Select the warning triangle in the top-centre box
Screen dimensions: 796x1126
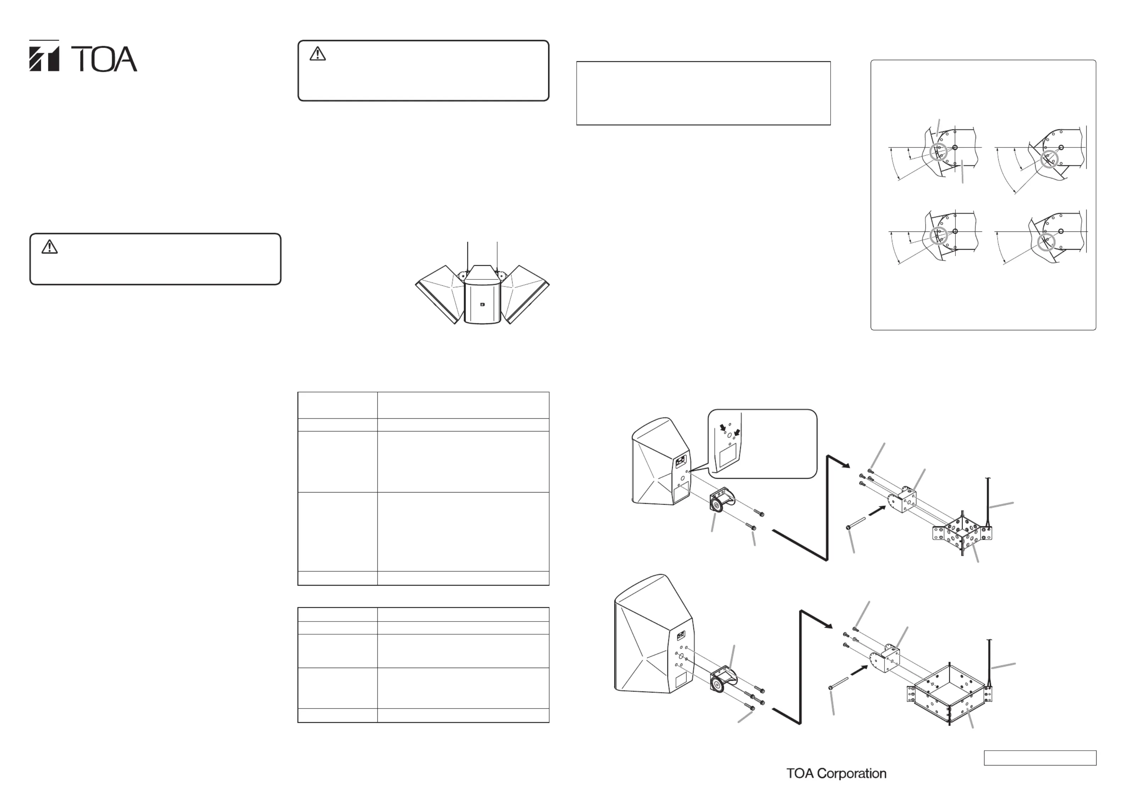point(318,54)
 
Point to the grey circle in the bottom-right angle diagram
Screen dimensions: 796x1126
point(1047,242)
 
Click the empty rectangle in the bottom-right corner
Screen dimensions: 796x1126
point(1040,758)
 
